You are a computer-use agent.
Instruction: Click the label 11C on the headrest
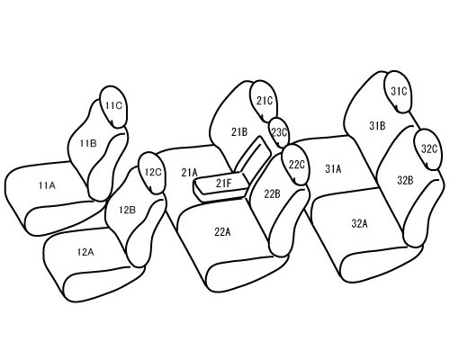(x=113, y=105)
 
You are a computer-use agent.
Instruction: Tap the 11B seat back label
(x=88, y=143)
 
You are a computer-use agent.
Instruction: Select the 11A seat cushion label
(x=47, y=185)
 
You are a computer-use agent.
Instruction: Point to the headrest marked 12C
(x=152, y=173)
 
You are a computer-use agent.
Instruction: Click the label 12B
(x=127, y=210)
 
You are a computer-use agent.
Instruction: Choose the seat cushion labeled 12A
(x=85, y=252)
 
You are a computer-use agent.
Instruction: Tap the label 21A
(x=189, y=173)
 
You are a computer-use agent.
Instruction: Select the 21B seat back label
(x=239, y=131)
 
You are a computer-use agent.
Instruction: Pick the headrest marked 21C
(x=264, y=102)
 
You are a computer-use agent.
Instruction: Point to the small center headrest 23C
(x=279, y=132)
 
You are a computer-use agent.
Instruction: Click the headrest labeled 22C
(x=296, y=165)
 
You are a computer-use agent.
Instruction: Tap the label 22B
(x=272, y=194)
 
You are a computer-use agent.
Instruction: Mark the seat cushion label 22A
(x=222, y=231)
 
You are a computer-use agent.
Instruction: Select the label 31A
(x=333, y=169)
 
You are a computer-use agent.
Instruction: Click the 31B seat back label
(x=377, y=125)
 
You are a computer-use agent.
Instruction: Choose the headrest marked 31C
(x=398, y=92)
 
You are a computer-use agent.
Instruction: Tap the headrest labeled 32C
(x=428, y=149)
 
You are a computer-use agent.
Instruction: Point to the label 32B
(x=405, y=181)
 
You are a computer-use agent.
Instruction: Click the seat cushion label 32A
(x=359, y=223)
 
